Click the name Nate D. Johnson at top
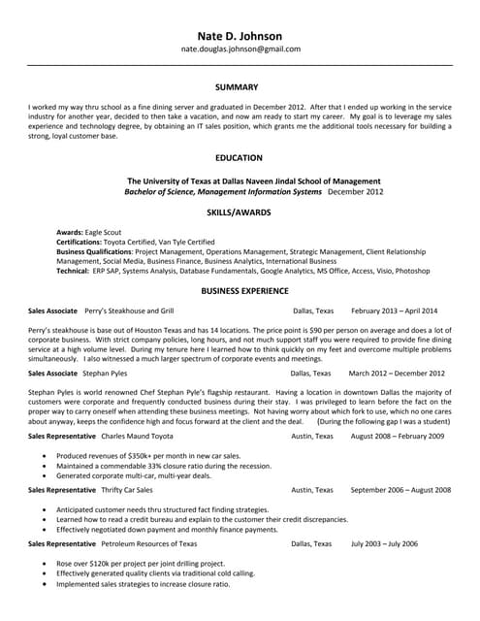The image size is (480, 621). (x=240, y=29)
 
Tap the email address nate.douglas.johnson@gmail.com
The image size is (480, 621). (x=240, y=49)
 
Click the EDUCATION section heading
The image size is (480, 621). (x=240, y=157)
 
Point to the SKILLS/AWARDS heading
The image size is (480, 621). (x=240, y=212)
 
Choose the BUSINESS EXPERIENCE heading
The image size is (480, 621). (x=240, y=290)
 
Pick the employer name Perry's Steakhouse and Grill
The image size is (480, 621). (x=129, y=310)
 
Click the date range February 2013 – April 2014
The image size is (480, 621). (x=394, y=310)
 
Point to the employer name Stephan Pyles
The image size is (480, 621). (x=105, y=373)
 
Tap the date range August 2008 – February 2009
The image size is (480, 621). (x=398, y=437)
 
